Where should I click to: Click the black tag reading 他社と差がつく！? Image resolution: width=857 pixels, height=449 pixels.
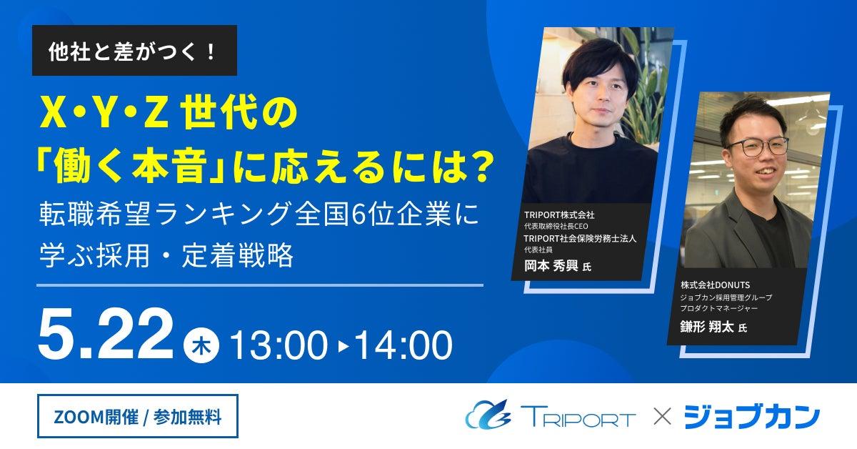pyautogui.click(x=134, y=50)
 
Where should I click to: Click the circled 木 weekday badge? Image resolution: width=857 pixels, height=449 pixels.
pyautogui.click(x=201, y=345)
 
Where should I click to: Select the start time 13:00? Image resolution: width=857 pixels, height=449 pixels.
pyautogui.click(x=278, y=345)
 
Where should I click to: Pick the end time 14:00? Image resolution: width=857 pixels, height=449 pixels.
pyautogui.click(x=404, y=345)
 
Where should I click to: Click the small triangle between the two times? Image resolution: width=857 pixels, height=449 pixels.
pyautogui.click(x=344, y=346)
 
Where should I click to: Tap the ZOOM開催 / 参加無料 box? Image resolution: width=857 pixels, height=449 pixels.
pyautogui.click(x=138, y=416)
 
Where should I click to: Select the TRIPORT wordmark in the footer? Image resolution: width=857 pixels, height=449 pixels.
pyautogui.click(x=578, y=416)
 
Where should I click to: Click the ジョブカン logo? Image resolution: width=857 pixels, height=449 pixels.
pyautogui.click(x=751, y=417)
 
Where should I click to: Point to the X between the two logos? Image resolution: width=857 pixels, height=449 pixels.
pyautogui.click(x=662, y=417)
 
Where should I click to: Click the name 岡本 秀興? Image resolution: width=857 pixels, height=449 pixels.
pyautogui.click(x=551, y=265)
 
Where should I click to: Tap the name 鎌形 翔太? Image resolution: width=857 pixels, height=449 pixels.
pyautogui.click(x=706, y=327)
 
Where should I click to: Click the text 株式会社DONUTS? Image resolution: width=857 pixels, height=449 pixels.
pyautogui.click(x=715, y=285)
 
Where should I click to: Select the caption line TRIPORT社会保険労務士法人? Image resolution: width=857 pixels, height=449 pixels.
pyautogui.click(x=580, y=238)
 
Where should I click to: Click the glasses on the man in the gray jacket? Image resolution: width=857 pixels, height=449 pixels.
pyautogui.click(x=758, y=147)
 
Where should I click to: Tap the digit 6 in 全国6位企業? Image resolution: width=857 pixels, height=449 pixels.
pyautogui.click(x=359, y=214)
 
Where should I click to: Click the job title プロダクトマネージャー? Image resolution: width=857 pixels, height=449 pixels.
pyautogui.click(x=718, y=308)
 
